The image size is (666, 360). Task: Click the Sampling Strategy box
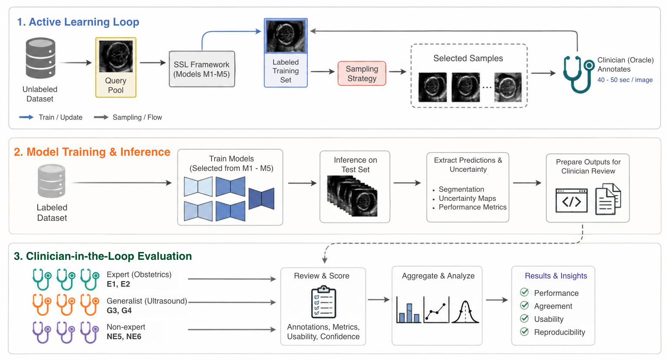coord(362,73)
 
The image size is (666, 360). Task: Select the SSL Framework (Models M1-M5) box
coord(202,69)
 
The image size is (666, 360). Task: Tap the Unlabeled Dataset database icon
coord(40,58)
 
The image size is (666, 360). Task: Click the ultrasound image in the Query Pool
coord(116,56)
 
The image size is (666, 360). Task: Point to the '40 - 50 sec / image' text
coord(625,80)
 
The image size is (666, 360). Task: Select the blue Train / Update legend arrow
coord(26,117)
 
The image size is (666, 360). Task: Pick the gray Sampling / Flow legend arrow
coord(101,117)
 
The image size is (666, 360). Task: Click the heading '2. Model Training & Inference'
coord(92,152)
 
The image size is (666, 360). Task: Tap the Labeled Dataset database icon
coord(52,181)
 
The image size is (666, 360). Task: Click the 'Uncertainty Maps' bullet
coord(467,198)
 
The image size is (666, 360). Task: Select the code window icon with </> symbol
coord(571,201)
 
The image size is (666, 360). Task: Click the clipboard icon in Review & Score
coord(323,302)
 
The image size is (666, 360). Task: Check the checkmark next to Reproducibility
coord(525,331)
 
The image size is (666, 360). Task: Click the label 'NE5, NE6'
coord(124,337)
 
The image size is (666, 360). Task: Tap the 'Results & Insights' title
coord(556,276)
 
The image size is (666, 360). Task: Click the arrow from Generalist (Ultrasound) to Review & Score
coord(232,302)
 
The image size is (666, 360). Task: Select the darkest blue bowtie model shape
coord(261,199)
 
